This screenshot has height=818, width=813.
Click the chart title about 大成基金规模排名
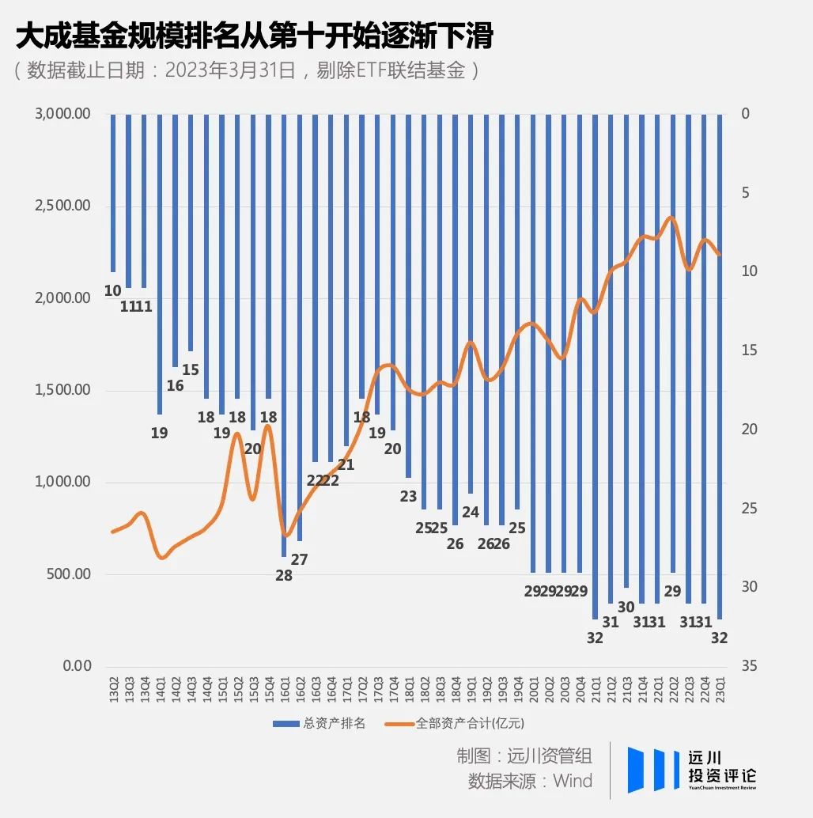coord(254,36)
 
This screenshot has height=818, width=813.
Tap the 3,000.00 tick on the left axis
coord(62,114)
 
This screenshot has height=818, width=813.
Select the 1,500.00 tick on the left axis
coord(62,390)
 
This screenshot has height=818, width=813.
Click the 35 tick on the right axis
coord(749,666)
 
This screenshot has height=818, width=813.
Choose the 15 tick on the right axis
coord(749,350)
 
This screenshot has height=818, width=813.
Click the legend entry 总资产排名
coord(320,723)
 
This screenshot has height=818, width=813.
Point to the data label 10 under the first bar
coord(113,291)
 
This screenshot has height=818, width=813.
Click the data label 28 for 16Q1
coord(284,576)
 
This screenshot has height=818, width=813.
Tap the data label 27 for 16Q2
coord(300,559)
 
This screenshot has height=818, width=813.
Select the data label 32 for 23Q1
coord(720,638)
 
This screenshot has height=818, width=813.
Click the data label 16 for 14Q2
coord(176,386)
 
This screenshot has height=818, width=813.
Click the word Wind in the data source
coord(572,781)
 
